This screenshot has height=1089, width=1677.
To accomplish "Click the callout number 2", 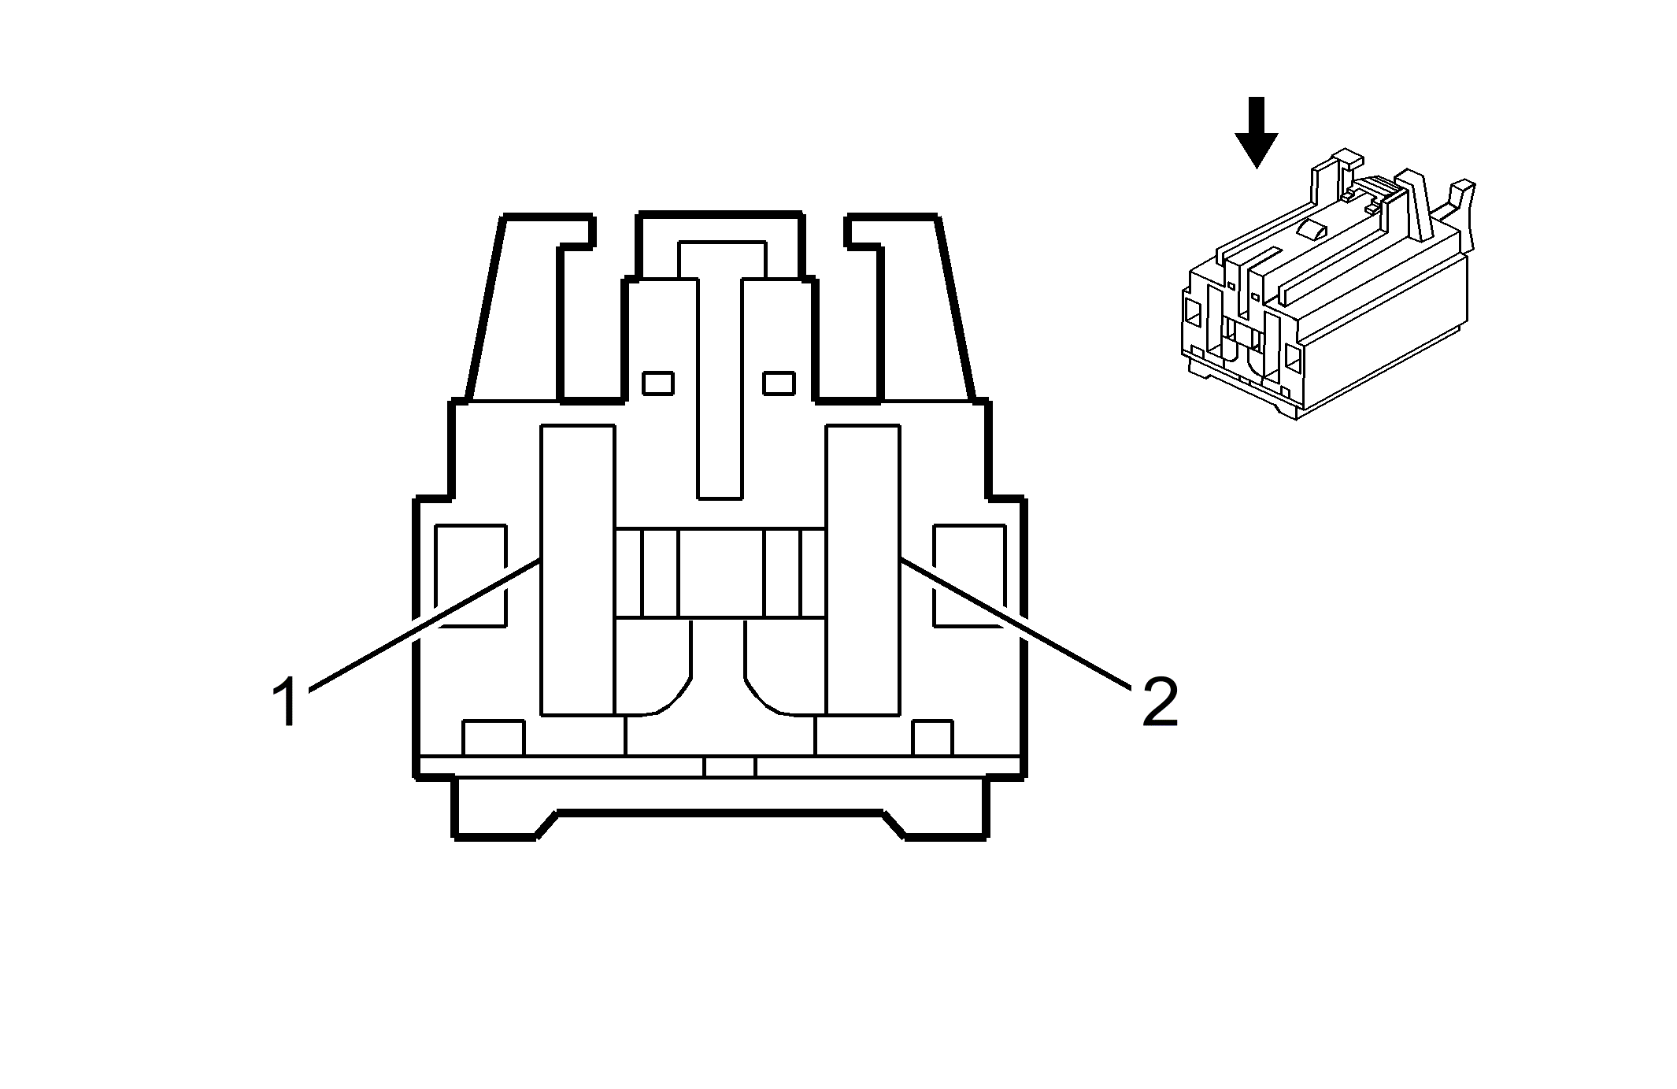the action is (x=1160, y=702).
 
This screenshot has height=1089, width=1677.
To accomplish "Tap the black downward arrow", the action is (x=1256, y=132).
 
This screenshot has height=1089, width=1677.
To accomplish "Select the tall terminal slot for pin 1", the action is (x=578, y=571).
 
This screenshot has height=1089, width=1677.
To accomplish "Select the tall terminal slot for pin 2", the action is (x=863, y=571).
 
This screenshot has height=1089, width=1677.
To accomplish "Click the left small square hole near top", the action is (x=658, y=383).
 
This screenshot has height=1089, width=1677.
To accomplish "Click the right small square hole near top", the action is (x=779, y=383).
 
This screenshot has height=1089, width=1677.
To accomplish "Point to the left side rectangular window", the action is (x=470, y=576).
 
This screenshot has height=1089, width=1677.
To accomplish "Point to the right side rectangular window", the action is (x=969, y=576).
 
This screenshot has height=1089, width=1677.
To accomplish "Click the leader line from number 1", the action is (x=424, y=624).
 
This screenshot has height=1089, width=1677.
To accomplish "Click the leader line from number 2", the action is (x=1016, y=624).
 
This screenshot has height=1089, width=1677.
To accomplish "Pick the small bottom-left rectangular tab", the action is (x=493, y=738).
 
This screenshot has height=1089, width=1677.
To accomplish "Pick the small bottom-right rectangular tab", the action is (x=932, y=738).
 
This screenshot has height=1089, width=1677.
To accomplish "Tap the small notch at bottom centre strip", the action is (x=729, y=767).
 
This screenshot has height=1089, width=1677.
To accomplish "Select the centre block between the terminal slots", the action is (x=720, y=572).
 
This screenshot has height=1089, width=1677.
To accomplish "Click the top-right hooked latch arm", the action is (x=910, y=307).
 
